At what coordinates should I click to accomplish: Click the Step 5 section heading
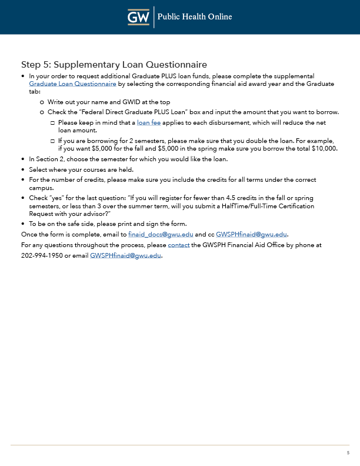(114, 64)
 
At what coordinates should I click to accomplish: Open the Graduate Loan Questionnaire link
(72, 84)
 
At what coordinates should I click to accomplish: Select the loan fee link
(148, 122)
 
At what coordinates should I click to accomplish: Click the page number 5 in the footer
(348, 453)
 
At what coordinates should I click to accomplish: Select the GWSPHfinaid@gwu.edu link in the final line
(125, 255)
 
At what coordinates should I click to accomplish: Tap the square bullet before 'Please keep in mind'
(52, 123)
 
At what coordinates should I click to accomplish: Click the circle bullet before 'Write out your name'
(42, 102)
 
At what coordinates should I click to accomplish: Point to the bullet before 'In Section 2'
(23, 159)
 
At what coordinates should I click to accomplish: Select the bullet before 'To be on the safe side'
(23, 224)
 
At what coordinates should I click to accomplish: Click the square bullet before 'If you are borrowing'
(52, 141)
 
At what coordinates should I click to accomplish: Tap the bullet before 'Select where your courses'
(23, 169)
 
